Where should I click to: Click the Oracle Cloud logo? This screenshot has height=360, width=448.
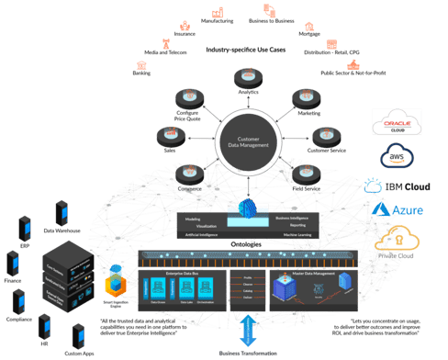396,124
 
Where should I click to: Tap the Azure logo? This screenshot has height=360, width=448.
390,211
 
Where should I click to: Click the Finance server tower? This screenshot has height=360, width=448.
13,263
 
